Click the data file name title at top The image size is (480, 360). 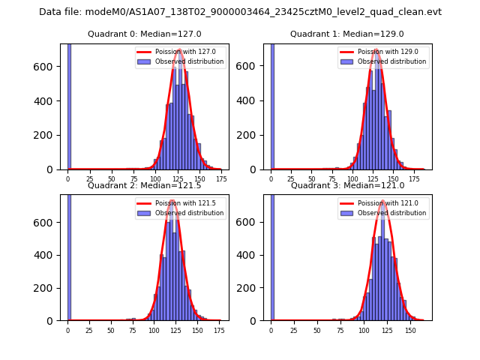click(240, 12)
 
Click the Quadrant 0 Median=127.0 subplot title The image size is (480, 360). click(144, 34)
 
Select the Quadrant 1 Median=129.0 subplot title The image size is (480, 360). click(347, 34)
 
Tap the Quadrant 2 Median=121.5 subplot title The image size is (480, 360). click(144, 185)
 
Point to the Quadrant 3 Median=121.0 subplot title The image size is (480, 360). click(347, 185)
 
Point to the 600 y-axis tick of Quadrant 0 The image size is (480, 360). click(49, 66)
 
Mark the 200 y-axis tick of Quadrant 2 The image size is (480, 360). click(49, 288)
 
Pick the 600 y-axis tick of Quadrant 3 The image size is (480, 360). click(252, 222)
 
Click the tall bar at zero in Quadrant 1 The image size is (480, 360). click(272, 105)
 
